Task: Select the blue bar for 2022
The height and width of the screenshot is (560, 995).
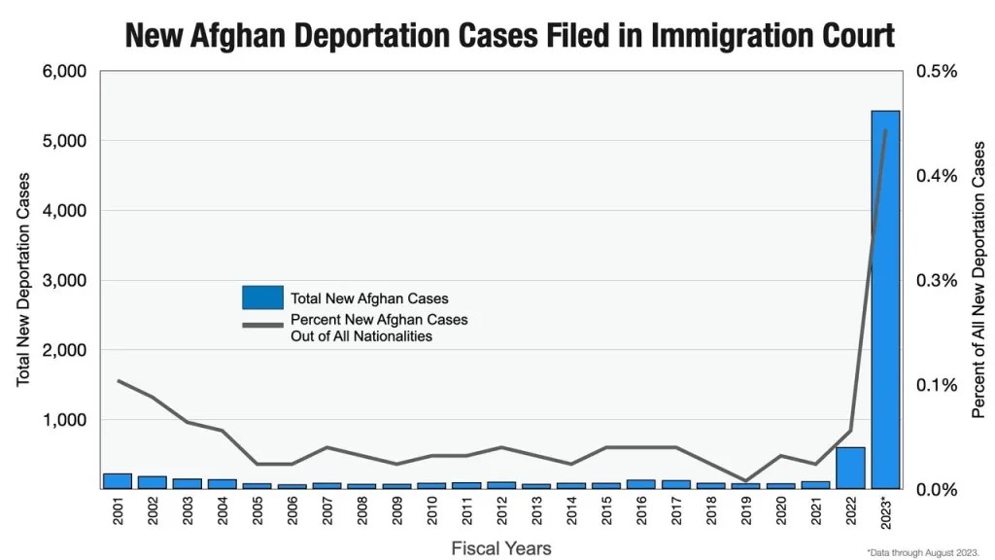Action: pos(850,468)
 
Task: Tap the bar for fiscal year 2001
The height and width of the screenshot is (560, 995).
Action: pos(118,480)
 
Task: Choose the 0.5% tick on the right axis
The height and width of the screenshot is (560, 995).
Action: pos(937,72)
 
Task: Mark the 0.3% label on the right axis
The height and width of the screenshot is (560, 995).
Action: pos(937,281)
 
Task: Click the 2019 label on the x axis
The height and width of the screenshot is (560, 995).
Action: pos(746,512)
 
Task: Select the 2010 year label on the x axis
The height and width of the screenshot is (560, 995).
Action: pos(432,512)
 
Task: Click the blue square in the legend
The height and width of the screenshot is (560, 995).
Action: pos(261,297)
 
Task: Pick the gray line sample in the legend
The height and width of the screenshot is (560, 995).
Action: pos(261,323)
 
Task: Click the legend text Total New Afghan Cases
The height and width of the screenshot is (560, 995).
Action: pos(369,298)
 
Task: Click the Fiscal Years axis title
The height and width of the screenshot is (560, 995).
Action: pos(501,547)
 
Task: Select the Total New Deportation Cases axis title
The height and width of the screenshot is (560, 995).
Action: pos(24,280)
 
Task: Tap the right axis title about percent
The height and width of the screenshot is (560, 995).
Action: pos(978,280)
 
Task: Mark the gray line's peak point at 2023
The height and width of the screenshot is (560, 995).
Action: pos(885,130)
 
